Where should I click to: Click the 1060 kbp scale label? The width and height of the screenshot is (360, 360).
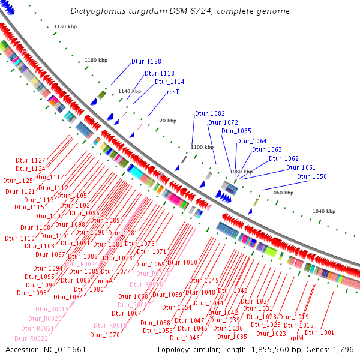click(282, 193)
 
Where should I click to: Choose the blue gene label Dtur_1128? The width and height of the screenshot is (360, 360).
click(146, 61)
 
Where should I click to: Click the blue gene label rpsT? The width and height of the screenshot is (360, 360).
click(173, 92)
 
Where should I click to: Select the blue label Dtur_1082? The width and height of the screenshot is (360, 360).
click(210, 113)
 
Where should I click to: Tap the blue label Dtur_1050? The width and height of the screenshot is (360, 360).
click(312, 177)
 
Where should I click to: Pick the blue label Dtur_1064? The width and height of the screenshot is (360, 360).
click(252, 142)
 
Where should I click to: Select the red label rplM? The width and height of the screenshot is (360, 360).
click(297, 338)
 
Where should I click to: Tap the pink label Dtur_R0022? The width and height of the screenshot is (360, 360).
click(31, 338)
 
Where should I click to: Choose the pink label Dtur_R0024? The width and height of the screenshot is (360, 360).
click(81, 264)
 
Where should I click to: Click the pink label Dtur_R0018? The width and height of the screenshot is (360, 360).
click(109, 325)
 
